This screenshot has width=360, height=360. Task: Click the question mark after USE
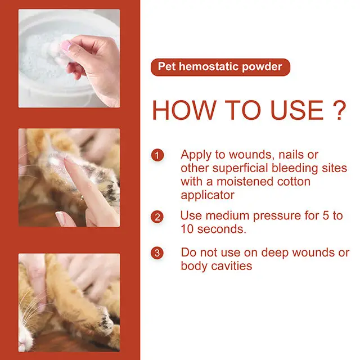336,110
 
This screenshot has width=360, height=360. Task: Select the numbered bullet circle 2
158,217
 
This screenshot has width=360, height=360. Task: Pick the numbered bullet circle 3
158,253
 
